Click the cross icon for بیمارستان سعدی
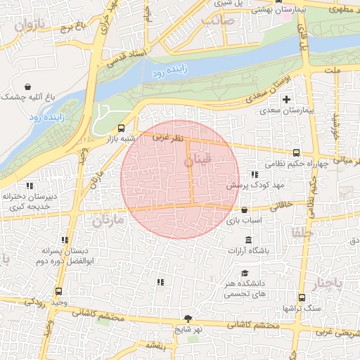(286, 99)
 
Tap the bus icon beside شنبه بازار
(122, 128)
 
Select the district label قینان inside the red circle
(198, 162)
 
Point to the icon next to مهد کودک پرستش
(255, 174)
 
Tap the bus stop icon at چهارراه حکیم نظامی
(296, 153)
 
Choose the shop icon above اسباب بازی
(244, 210)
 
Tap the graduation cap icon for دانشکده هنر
(244, 274)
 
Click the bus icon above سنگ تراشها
(302, 297)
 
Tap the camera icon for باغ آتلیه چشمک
(7, 94)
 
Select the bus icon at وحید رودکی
(58, 292)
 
